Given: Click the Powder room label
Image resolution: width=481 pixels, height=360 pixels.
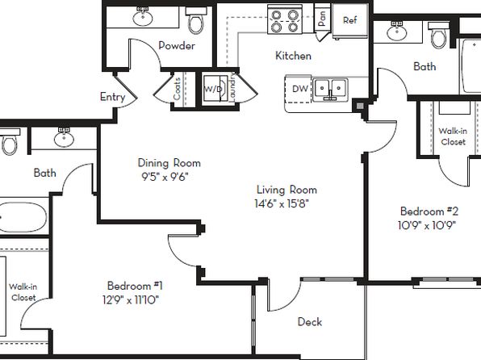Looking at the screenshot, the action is pos(177,46).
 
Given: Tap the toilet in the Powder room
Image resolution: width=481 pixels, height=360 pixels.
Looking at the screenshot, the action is pos(196,20).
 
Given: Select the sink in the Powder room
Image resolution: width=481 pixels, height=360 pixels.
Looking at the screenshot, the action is pos(143,17).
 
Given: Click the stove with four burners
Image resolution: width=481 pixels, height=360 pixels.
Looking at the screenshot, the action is pos(285,19).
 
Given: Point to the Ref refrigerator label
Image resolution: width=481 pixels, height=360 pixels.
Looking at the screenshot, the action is pos(350,20).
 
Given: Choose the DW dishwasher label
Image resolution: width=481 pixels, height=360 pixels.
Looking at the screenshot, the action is pos(300,89).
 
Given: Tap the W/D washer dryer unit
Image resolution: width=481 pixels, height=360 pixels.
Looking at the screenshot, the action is pos(215,89).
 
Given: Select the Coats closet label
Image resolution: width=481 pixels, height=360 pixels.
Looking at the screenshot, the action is pos(177,89).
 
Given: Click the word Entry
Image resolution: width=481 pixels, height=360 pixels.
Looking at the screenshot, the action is pos(112,98).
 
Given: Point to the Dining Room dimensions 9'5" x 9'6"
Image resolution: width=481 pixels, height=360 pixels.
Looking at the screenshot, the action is pos(165,177).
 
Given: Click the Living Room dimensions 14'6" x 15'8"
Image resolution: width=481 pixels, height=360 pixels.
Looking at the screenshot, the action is pos(282,203).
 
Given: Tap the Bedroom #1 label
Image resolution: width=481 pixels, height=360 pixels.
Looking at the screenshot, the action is pos(135,286).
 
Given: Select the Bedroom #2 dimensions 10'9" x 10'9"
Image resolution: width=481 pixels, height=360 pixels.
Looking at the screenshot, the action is pos(427,225).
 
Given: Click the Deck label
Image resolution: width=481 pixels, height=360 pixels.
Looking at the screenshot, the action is pos(310,321).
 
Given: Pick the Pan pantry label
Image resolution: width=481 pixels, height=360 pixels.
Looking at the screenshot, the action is pos(322,18).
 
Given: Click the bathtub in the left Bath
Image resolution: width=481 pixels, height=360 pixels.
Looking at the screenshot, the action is pos(23,217).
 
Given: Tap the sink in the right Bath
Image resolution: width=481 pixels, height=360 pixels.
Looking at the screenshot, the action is pos(397,31).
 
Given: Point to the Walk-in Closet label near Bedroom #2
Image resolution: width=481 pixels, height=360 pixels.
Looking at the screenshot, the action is pos(453,136).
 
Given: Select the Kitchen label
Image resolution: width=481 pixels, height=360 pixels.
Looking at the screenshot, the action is pos(293,56).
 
